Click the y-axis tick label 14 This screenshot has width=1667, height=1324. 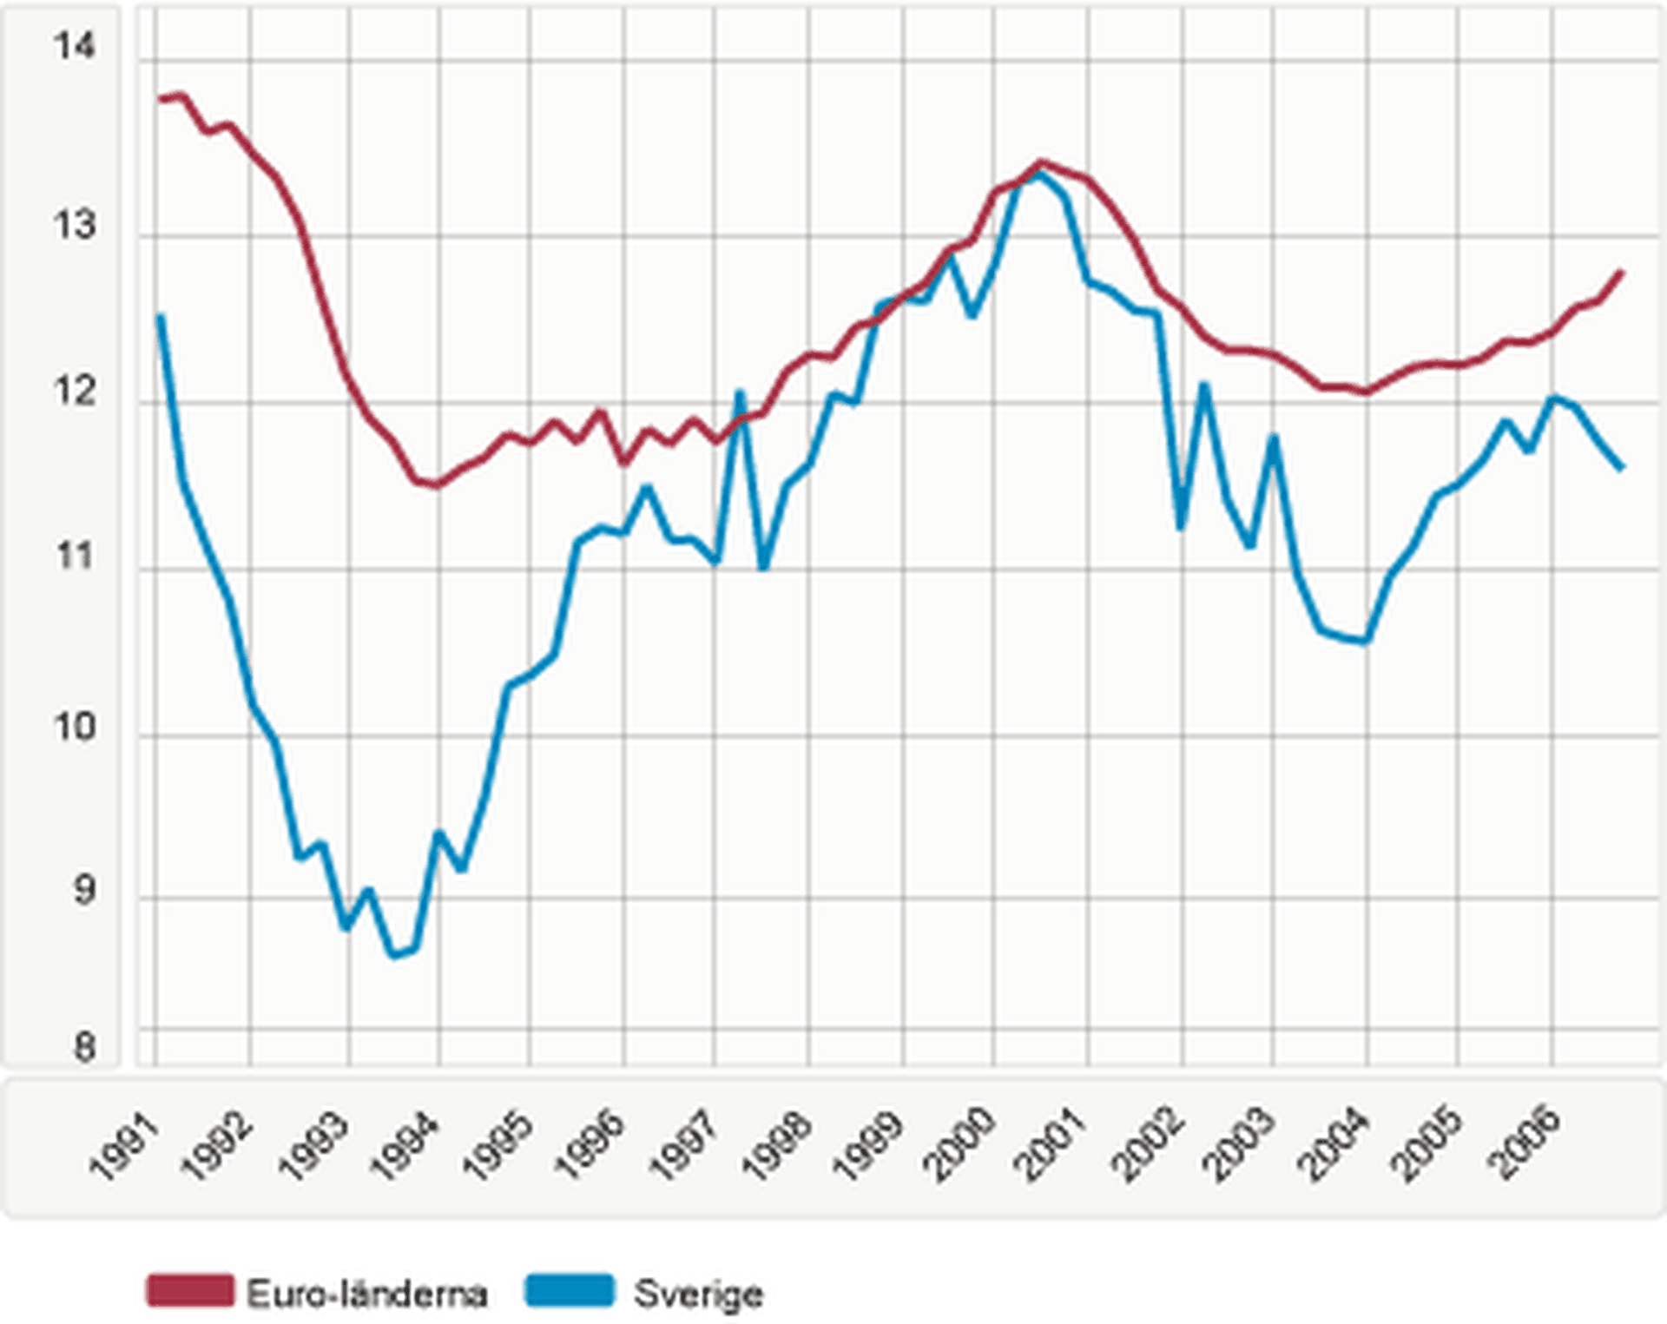pyautogui.click(x=74, y=45)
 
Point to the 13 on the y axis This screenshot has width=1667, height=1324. pyautogui.click(x=74, y=225)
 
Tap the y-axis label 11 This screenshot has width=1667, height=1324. pyautogui.click(x=74, y=557)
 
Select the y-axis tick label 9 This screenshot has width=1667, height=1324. pyautogui.click(x=84, y=890)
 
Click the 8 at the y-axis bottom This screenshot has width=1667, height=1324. pyautogui.click(x=84, y=1046)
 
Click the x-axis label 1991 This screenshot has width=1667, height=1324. pyautogui.click(x=126, y=1147)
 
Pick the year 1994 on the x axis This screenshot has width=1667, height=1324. pyautogui.click(x=405, y=1147)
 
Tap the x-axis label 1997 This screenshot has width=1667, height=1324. pyautogui.click(x=683, y=1147)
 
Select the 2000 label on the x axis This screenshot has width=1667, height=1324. pyautogui.click(x=959, y=1147)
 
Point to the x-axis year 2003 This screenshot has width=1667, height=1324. pyautogui.click(x=1240, y=1147)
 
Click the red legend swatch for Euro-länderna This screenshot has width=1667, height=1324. pyautogui.click(x=190, y=1291)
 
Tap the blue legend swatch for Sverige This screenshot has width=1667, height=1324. pyautogui.click(x=570, y=1291)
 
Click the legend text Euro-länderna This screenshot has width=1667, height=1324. pyautogui.click(x=367, y=1294)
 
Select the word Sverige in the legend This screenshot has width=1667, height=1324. pyautogui.click(x=699, y=1294)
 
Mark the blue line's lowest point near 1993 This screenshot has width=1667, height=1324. pyautogui.click(x=393, y=955)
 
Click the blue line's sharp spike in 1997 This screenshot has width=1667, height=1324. pyautogui.click(x=740, y=393)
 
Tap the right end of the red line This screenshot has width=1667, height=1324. pyautogui.click(x=1622, y=273)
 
